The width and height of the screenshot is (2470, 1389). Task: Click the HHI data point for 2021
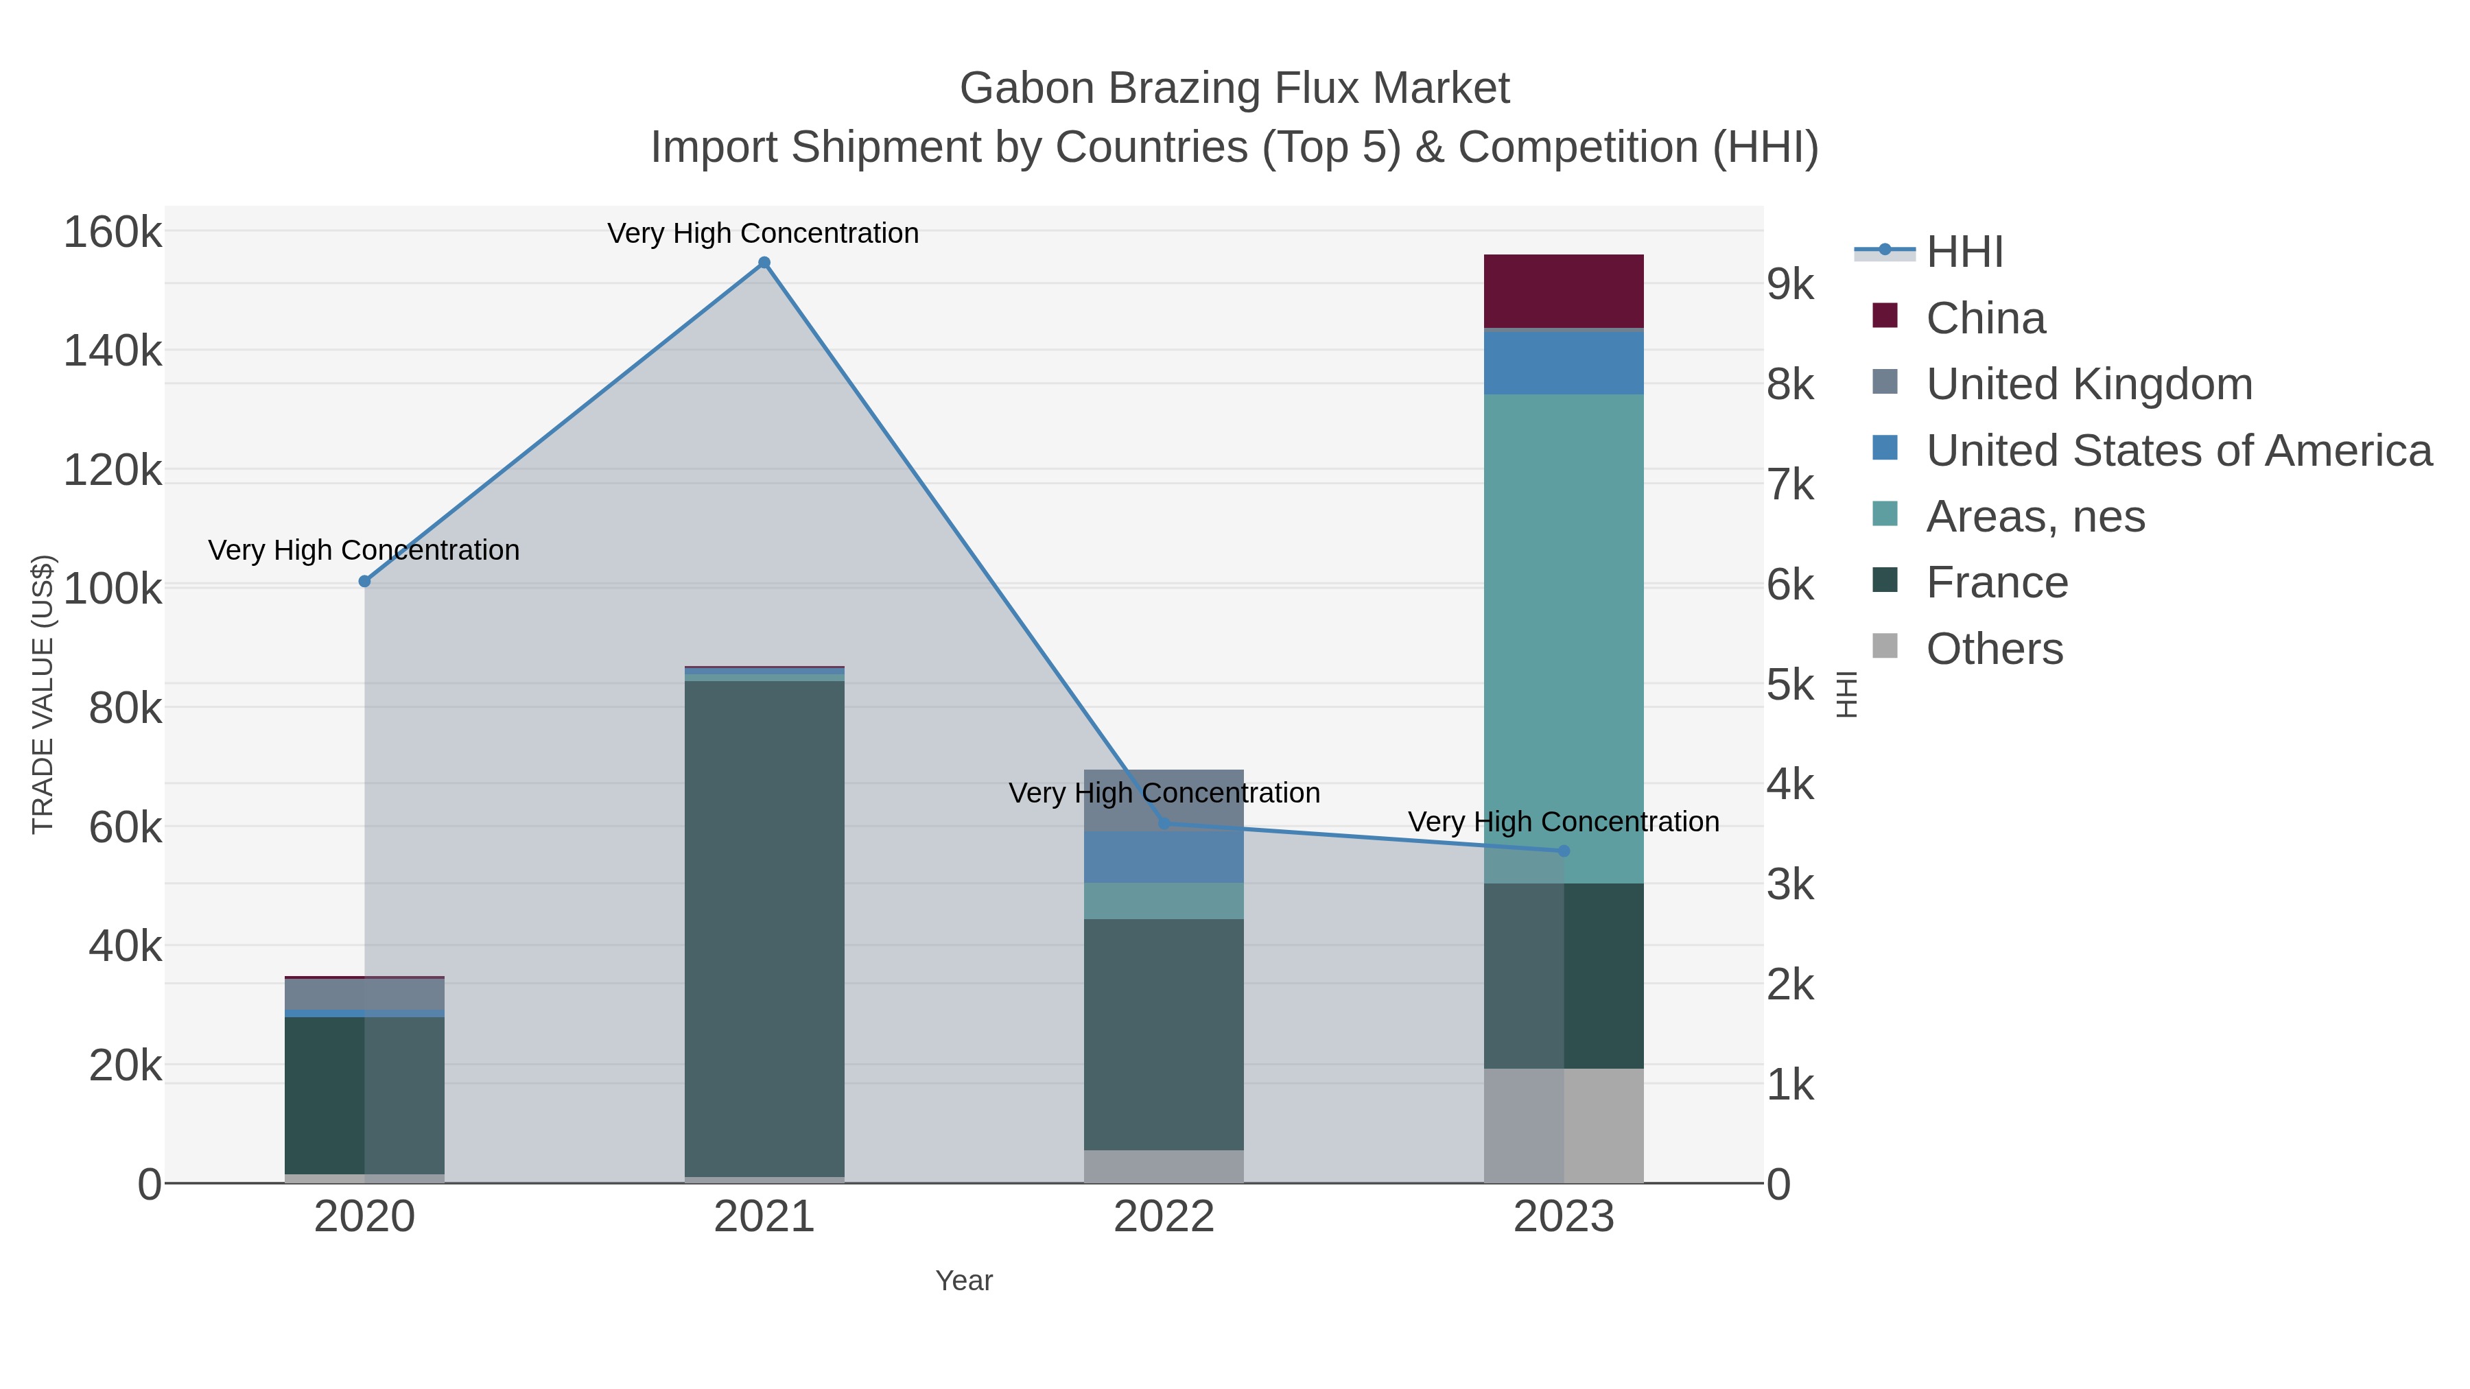(764, 263)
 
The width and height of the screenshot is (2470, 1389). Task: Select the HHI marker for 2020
(364, 581)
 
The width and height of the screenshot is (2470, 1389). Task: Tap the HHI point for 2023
(1564, 851)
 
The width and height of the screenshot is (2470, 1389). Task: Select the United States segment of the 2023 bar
(1564, 362)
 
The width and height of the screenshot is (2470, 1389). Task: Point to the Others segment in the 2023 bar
(1564, 1126)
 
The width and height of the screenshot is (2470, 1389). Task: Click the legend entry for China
(1985, 318)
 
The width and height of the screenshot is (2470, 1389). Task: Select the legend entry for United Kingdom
(2089, 384)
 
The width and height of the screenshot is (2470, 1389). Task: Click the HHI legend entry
(1964, 252)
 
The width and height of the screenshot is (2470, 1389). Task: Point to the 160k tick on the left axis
(113, 232)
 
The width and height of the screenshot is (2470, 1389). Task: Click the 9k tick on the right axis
(1790, 285)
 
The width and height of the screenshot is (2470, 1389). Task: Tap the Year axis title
(964, 1281)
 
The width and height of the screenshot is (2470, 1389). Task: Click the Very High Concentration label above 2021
(762, 233)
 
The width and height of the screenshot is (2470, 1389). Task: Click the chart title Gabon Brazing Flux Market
(1234, 88)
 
